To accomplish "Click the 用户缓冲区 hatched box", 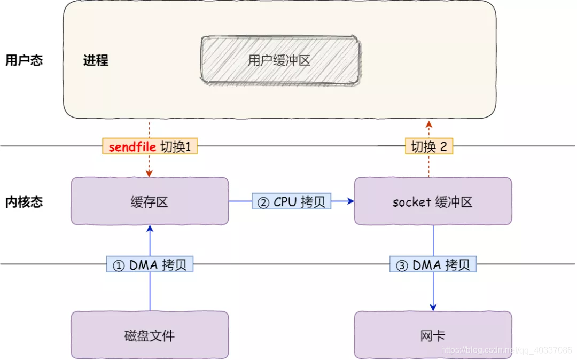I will coord(279,60).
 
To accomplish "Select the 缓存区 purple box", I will coord(150,201).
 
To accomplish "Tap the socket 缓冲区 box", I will coord(433,201).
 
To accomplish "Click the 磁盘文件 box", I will coord(150,335).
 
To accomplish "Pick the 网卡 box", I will coord(433,335).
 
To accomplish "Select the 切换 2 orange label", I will coord(428,147).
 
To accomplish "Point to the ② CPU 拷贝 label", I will coord(292,201).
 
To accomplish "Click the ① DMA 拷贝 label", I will coord(150,265).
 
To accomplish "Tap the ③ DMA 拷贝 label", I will coord(433,265).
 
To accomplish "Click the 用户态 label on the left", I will coord(24,60).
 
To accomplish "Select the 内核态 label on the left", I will coord(24,202).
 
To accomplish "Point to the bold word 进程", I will coord(96,60).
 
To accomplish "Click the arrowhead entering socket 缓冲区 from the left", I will coord(351,201).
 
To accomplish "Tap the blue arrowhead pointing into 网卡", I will coord(433,308).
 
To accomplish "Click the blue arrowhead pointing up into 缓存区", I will coord(150,229).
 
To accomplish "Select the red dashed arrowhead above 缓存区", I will coord(150,174).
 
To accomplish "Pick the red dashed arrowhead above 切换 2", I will coord(428,124).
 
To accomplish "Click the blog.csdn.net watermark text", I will coord(506,350).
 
